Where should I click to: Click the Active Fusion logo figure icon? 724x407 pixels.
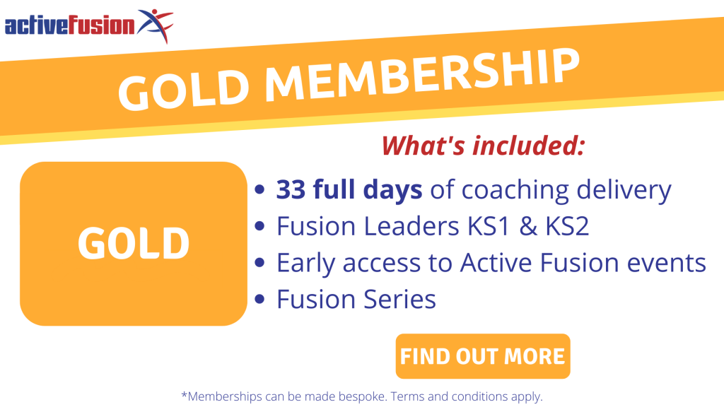point(156,25)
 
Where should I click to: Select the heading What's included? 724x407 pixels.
point(484,146)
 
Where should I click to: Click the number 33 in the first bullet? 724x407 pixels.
point(291,189)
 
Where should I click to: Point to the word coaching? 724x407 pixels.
point(515,191)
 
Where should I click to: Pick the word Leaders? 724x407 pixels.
point(411,226)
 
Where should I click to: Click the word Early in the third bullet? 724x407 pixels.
point(305,264)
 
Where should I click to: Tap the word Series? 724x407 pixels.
point(399,300)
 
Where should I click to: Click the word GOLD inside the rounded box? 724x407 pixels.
point(134,243)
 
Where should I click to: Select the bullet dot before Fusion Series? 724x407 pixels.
point(259,299)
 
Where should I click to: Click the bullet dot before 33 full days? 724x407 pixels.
point(259,189)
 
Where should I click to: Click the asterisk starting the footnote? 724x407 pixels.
point(184,394)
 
